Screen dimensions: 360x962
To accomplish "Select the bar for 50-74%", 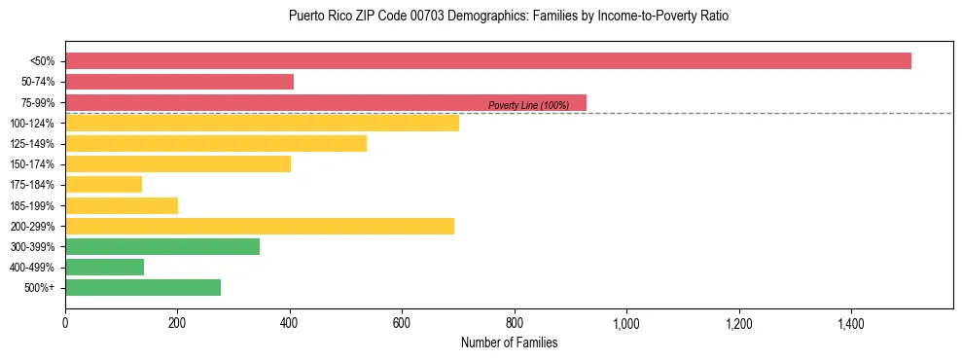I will coord(179,82).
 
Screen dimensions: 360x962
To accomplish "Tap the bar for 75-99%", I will coord(326,102).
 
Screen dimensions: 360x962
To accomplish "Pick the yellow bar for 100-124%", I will coord(262,123).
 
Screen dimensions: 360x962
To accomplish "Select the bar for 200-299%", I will coord(260,226).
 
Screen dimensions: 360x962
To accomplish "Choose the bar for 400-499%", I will coord(104,267).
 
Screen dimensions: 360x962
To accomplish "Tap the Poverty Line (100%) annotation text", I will coord(528,105).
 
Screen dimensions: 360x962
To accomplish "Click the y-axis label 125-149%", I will coord(32,144).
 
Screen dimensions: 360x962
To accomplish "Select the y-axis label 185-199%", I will coord(32,205).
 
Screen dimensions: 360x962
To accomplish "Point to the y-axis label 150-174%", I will coord(32,164).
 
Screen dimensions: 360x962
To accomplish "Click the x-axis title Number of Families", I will coord(509,342).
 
